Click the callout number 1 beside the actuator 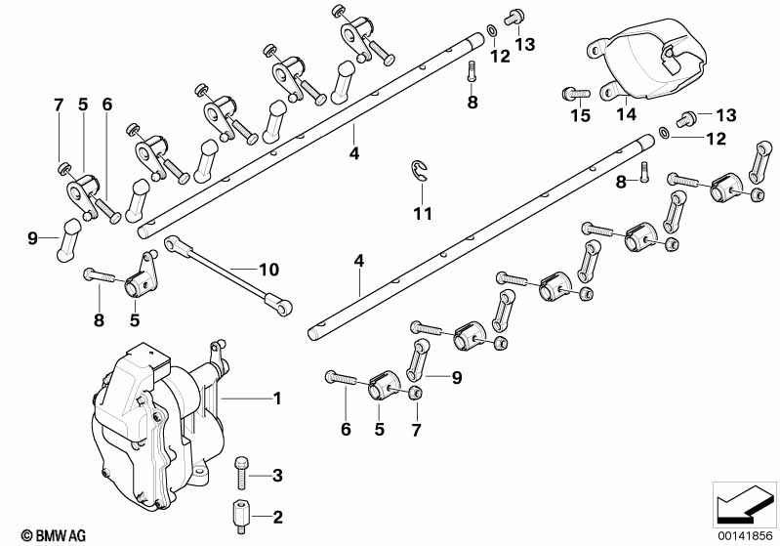coord(276,398)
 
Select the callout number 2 coord(276,516)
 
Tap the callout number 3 coord(276,476)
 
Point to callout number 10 coord(267,268)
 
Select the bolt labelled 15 coord(574,94)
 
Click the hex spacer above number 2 coord(238,514)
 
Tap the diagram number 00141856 coord(745,535)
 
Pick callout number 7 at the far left coord(58,104)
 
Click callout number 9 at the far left coord(32,237)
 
